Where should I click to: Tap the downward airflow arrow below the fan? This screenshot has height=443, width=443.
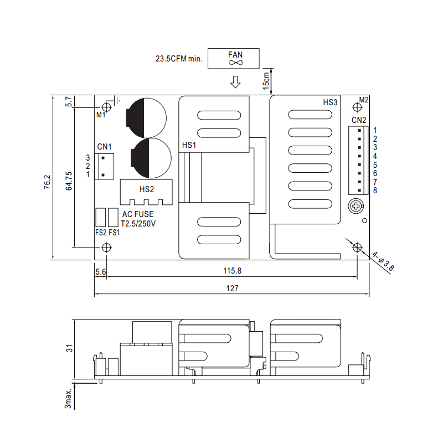pos(235,83)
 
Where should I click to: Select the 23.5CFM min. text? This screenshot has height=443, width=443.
pos(179,58)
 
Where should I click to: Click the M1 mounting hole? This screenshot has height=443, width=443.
pos(106,107)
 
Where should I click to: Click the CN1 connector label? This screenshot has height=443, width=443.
pos(105,147)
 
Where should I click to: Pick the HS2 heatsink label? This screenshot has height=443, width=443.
pos(147,189)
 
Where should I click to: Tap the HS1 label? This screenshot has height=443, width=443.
pos(189,145)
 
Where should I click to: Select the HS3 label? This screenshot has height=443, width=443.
pos(330,102)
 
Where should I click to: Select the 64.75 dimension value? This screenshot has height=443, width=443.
pos(69,181)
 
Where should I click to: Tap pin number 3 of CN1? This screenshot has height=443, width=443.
pos(88,158)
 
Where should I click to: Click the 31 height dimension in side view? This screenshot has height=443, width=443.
pos(70,348)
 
